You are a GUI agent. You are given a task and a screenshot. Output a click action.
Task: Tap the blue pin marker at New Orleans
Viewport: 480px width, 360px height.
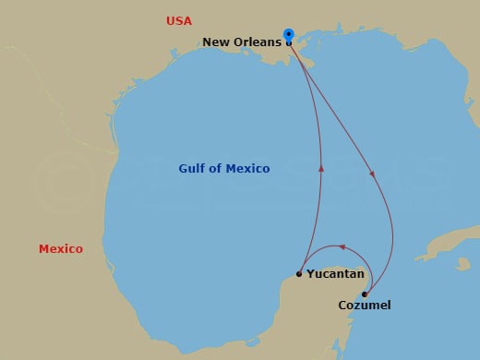click(x=289, y=34)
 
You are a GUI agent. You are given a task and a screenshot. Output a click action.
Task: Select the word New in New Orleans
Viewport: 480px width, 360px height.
click(x=219, y=42)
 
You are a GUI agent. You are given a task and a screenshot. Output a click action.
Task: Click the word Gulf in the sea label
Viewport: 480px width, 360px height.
click(x=192, y=168)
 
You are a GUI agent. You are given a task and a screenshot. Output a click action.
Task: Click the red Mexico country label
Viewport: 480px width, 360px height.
click(x=61, y=249)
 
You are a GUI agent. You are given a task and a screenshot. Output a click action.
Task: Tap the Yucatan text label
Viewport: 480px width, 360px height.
click(x=335, y=274)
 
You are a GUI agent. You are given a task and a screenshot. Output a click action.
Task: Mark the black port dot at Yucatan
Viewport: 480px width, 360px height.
click(x=299, y=273)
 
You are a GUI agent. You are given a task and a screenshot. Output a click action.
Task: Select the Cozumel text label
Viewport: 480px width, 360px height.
click(x=365, y=305)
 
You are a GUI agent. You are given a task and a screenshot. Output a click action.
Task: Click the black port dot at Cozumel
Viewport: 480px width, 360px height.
click(x=365, y=294)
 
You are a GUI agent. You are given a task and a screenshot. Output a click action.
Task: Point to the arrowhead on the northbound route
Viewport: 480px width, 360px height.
click(x=322, y=169)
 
